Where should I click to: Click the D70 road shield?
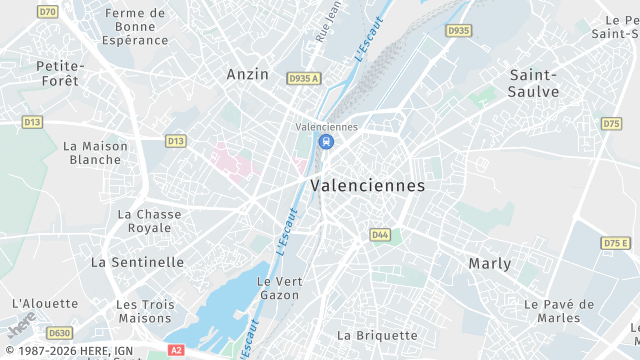click(x=47, y=11)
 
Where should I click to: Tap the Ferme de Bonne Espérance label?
click(x=135, y=27)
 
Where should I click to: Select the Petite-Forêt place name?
click(x=61, y=73)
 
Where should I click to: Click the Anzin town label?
click(x=247, y=74)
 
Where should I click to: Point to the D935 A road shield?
click(x=303, y=78)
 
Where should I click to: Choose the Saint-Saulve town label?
click(x=534, y=83)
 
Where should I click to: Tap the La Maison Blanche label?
click(x=96, y=152)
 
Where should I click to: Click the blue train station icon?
click(x=326, y=142)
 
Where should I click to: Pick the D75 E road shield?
click(x=616, y=243)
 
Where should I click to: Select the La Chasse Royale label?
click(x=150, y=221)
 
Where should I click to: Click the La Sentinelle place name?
click(x=137, y=262)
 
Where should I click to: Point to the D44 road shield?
click(x=380, y=235)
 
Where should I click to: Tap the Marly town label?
click(x=490, y=264)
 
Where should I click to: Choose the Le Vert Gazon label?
click(x=279, y=288)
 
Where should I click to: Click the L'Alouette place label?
click(x=45, y=303)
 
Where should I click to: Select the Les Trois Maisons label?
click(x=145, y=311)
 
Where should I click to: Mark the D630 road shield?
click(x=60, y=333)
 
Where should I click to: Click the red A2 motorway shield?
click(x=176, y=350)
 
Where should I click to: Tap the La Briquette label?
click(x=377, y=335)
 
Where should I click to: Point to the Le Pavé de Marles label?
click(x=559, y=311)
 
